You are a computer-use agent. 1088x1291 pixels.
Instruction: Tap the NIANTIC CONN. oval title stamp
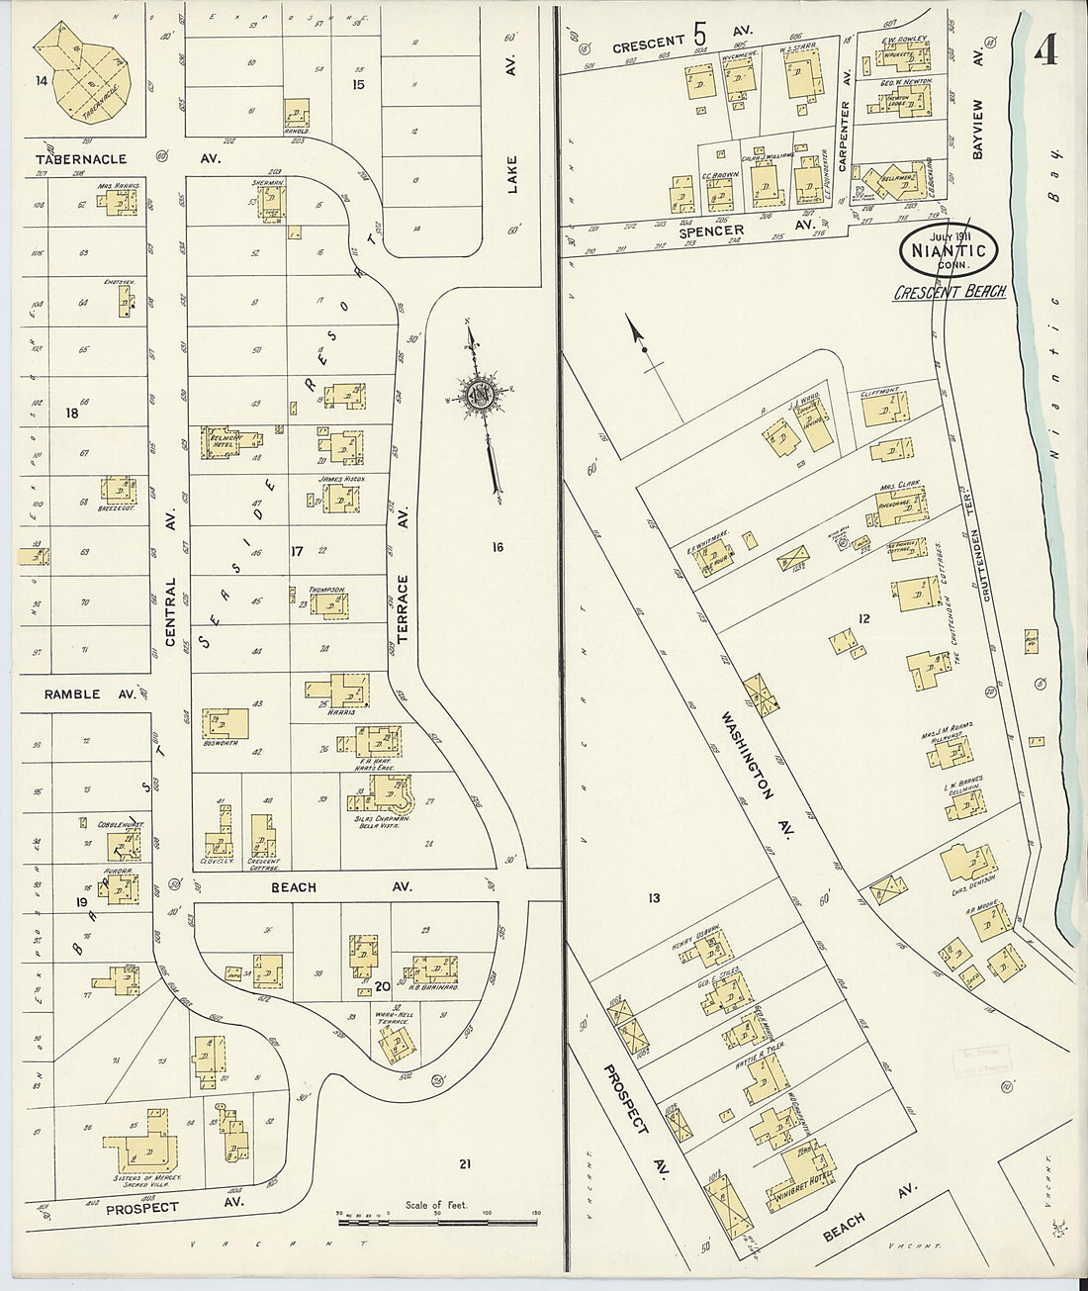pos(949,252)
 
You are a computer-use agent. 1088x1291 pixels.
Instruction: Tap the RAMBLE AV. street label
pos(89,694)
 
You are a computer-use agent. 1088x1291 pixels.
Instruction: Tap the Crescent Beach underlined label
pos(949,292)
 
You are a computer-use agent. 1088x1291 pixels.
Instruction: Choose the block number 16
pos(497,546)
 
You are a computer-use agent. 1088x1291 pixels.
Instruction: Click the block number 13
pos(654,898)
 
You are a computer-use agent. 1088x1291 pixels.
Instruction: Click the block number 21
pos(464,1164)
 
